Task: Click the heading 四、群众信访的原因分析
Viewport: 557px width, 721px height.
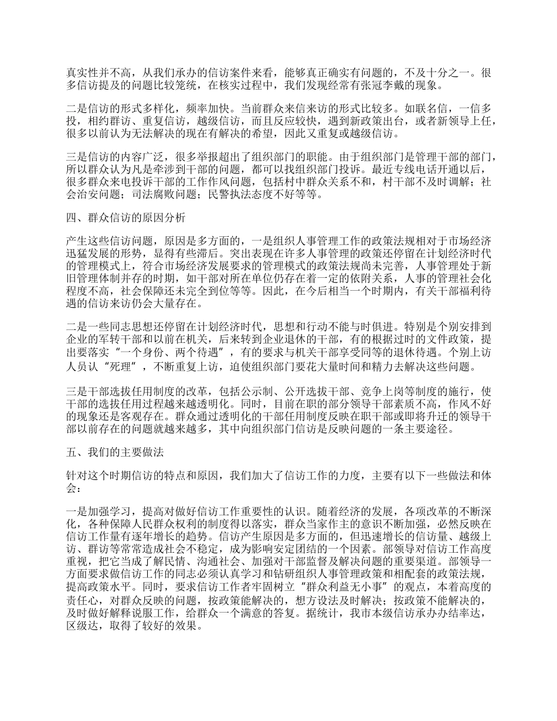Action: (125, 218)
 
